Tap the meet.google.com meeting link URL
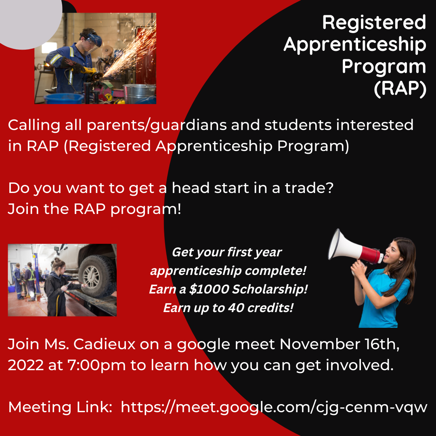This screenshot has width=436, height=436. tap(274, 407)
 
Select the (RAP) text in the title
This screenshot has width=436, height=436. tap(400, 89)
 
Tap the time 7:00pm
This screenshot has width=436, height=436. tap(96, 365)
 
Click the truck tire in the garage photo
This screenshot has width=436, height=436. tap(96, 276)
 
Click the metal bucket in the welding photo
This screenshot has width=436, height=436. tap(139, 93)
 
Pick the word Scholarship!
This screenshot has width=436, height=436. tap(270, 289)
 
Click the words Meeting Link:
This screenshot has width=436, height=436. tap(60, 407)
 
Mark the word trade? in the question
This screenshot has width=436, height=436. tap(309, 188)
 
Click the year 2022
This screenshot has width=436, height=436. tap(25, 365)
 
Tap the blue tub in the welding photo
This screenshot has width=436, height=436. tap(64, 99)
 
